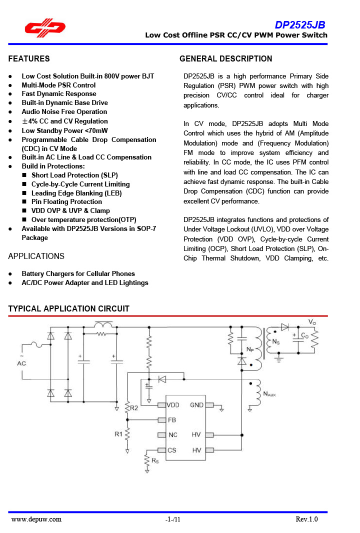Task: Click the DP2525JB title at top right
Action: pos(300,25)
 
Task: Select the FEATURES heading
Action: pos(29,59)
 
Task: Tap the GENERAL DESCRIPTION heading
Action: pos(226,59)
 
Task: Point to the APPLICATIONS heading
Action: pos(36,256)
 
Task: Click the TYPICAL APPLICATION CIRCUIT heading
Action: pos(69,309)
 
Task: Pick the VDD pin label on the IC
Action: pos(172,405)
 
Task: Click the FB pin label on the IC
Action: pos(171,420)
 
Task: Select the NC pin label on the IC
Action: pos(172,435)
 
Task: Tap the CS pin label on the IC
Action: pos(172,450)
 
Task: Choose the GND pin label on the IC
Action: pos(196,405)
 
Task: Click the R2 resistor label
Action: pos(134,408)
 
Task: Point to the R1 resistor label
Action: pos(118,434)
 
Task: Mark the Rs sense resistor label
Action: pos(155,461)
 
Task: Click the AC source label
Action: pos(21,363)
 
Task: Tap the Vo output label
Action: pos(312,322)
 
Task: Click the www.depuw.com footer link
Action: pos(36,519)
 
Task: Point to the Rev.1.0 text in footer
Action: pos(306,519)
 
